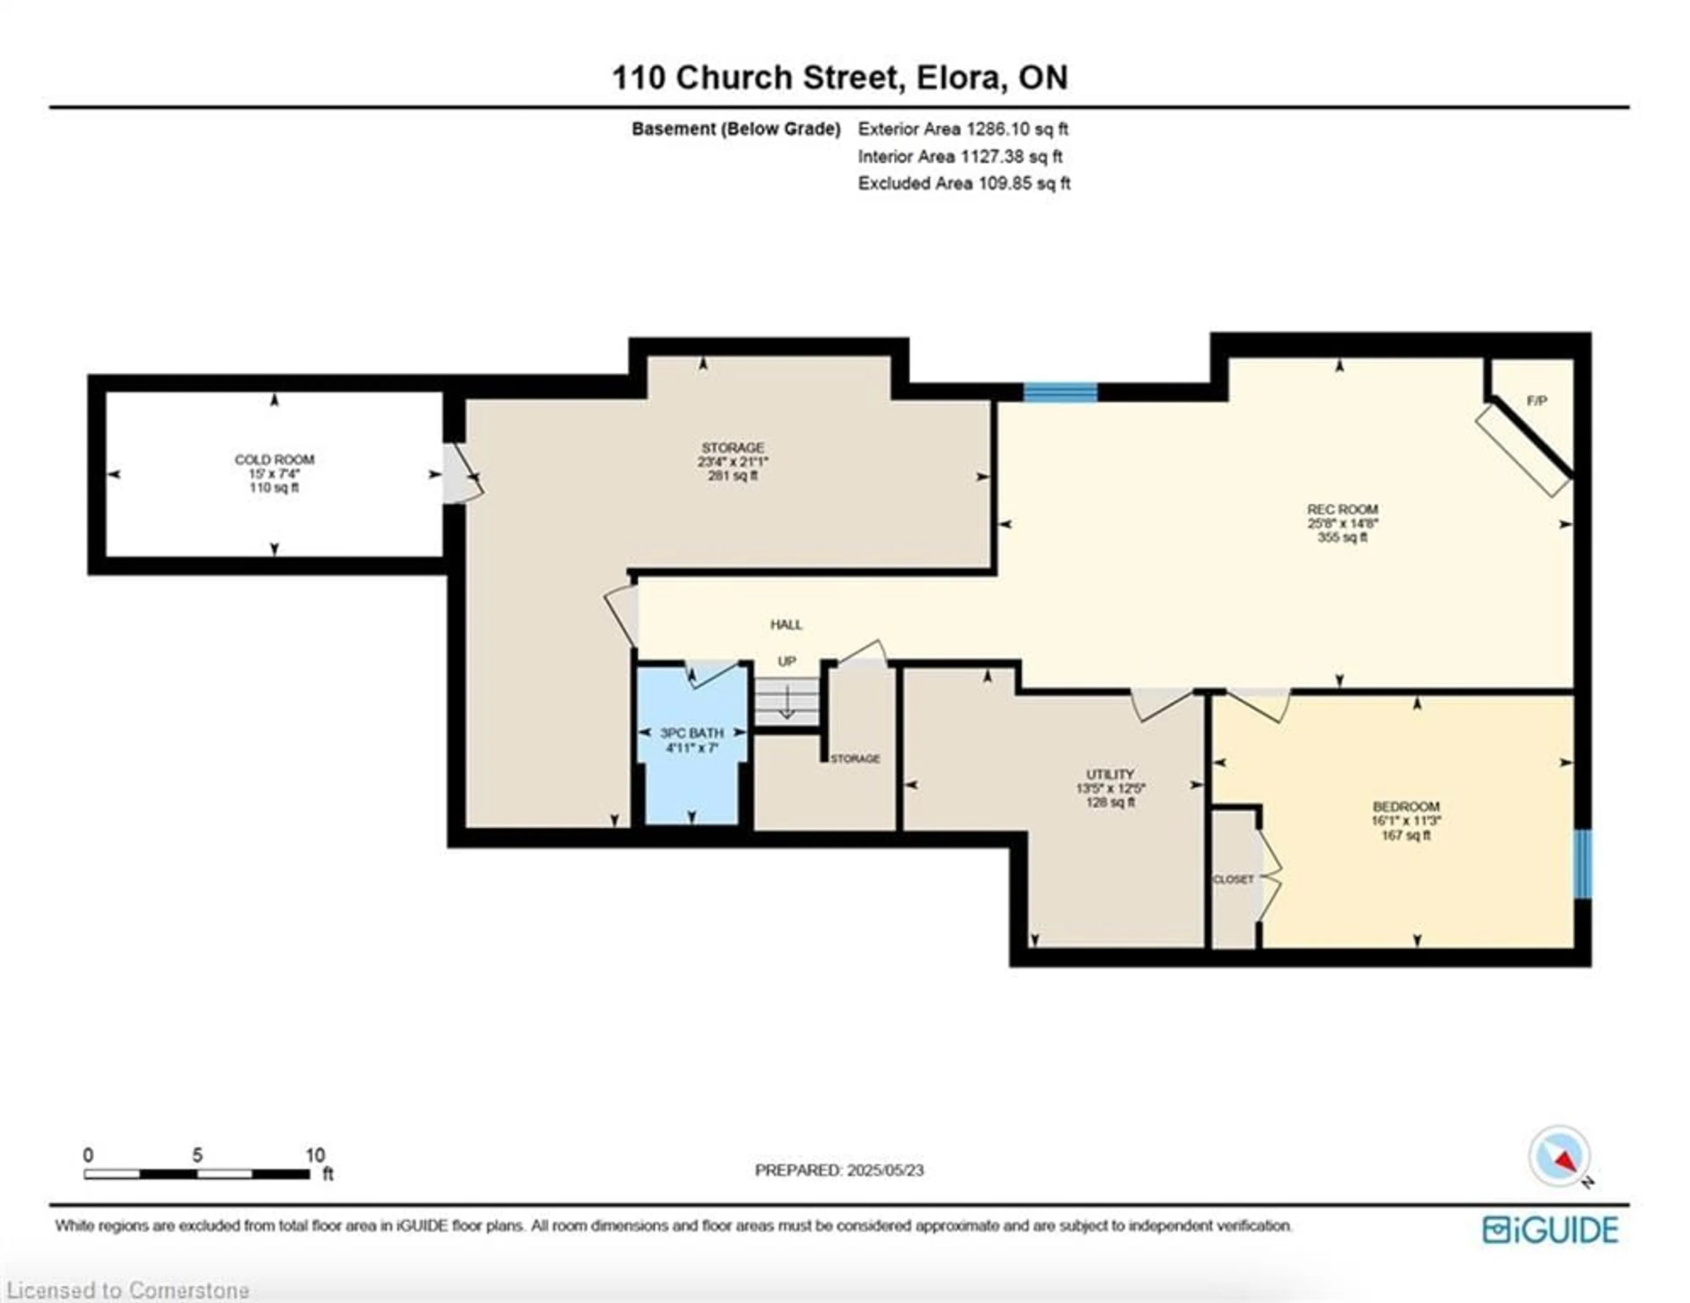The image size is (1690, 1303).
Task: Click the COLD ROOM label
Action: click(274, 459)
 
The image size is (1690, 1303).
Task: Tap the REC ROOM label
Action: click(1343, 509)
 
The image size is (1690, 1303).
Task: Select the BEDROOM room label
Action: click(1406, 806)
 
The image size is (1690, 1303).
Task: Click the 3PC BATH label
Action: click(692, 733)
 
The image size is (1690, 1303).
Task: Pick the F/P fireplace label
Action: click(1537, 401)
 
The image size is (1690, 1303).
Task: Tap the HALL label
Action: click(786, 624)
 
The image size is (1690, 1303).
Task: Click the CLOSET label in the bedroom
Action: click(1233, 880)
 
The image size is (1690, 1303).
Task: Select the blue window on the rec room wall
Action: click(1060, 392)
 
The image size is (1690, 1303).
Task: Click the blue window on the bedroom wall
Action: click(1583, 864)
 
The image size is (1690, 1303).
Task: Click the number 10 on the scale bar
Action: click(315, 1155)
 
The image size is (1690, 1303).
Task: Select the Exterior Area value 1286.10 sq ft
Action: click(1017, 129)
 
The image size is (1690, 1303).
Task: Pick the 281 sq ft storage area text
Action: click(732, 476)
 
